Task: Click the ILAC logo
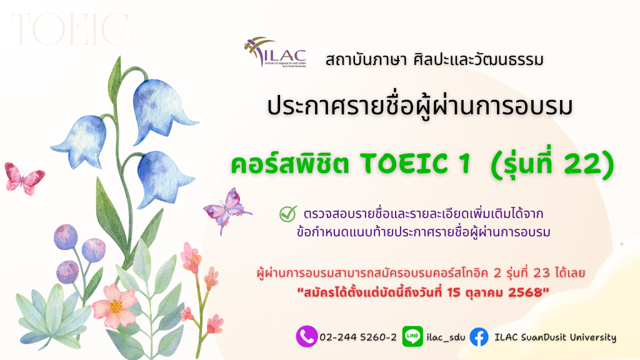[275, 52]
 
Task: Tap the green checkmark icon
[288, 214]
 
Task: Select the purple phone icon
[306, 336]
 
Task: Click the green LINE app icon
[412, 336]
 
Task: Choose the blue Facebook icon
[479, 337]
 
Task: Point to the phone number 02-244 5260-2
[358, 337]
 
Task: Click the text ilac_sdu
[446, 337]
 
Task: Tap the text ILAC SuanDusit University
[555, 337]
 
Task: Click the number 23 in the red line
[541, 272]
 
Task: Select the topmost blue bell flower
[161, 109]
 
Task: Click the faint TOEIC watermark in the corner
[72, 29]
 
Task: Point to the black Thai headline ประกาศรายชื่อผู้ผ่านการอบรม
[420, 106]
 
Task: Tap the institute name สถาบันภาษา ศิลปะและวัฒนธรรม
[434, 60]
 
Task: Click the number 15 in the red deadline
[454, 292]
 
